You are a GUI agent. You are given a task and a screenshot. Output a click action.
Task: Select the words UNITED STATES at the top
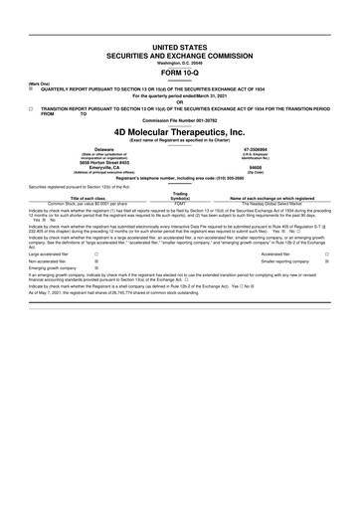point(179,47)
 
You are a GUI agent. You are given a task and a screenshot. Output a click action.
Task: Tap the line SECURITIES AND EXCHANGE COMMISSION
point(179,56)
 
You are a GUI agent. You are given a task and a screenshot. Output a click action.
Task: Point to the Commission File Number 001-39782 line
point(179,120)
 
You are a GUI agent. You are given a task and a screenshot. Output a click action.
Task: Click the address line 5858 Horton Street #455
point(95,163)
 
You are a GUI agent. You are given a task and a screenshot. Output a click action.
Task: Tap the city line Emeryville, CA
point(95,168)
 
